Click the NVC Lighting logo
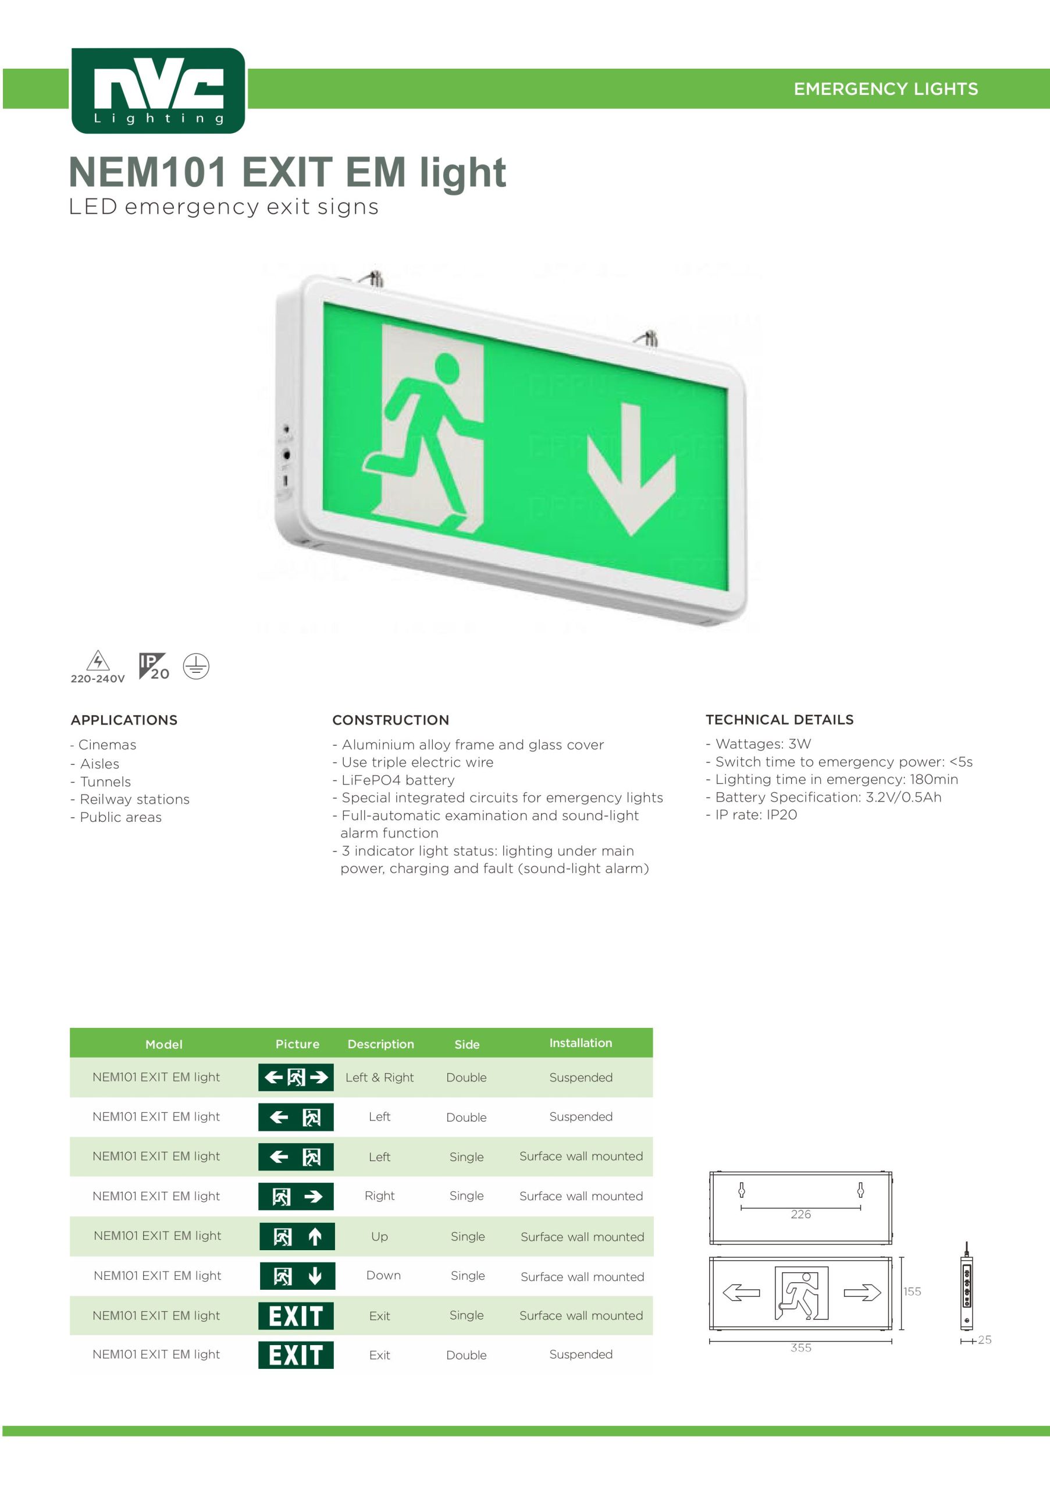(158, 90)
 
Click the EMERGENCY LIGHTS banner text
(885, 89)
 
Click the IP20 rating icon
(154, 666)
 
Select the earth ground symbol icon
(196, 666)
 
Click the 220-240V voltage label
(97, 679)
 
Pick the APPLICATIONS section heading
(124, 720)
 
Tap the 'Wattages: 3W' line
(758, 744)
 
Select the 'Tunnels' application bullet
(101, 781)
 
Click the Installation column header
(581, 1043)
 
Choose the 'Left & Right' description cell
(379, 1077)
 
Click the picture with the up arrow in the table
(297, 1236)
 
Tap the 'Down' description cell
(383, 1275)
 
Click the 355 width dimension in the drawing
(801, 1347)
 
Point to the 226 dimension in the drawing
(801, 1214)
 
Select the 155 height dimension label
(912, 1292)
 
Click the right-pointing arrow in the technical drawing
(862, 1293)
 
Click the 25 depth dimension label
(984, 1339)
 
